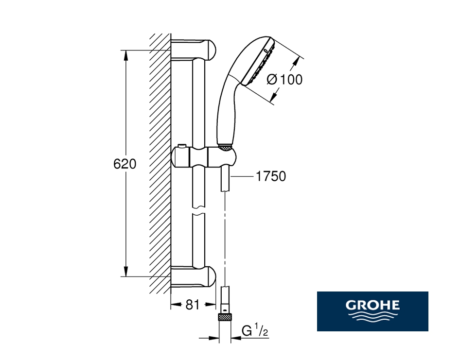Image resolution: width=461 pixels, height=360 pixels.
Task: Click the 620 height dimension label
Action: (124, 164)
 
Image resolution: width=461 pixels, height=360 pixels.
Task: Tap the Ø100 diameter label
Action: (284, 80)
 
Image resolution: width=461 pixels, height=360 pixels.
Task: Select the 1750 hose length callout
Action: (271, 176)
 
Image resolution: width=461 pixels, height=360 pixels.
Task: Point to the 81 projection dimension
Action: (193, 305)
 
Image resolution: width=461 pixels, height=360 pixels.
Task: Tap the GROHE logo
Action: (372, 311)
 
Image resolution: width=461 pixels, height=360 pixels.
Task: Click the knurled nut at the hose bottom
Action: (225, 317)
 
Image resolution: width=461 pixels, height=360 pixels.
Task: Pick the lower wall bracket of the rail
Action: (193, 276)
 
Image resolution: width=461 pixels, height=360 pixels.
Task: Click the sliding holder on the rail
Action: (203, 157)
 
